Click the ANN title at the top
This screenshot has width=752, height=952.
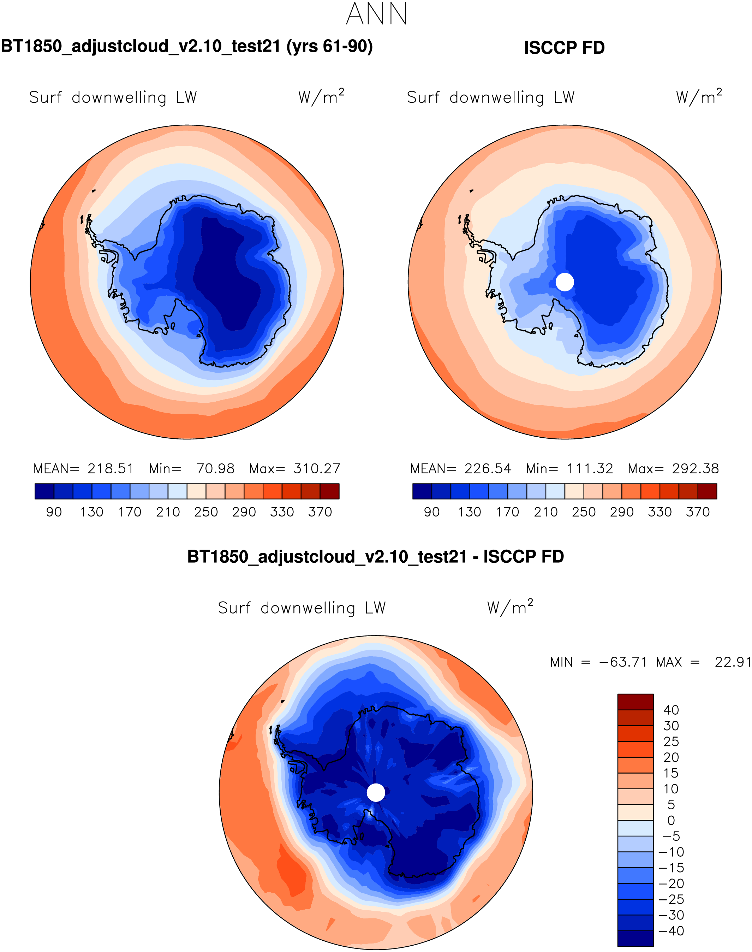(x=376, y=14)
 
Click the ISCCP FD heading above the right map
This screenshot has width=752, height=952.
(x=564, y=48)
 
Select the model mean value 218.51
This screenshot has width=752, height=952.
(x=111, y=468)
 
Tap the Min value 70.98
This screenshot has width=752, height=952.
(x=215, y=468)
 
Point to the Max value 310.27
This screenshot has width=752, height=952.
(x=317, y=468)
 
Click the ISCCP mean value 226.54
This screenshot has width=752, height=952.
(x=488, y=468)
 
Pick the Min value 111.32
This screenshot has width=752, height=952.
(x=590, y=468)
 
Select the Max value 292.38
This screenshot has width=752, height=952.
(x=695, y=468)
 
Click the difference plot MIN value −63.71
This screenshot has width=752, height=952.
(x=623, y=662)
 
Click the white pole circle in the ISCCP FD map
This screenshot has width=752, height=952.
(x=565, y=282)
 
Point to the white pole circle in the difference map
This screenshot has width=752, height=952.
(x=376, y=793)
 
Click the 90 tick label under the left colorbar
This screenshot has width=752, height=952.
(x=54, y=512)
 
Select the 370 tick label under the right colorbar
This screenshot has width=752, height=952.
(x=698, y=512)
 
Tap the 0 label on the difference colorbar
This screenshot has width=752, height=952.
(x=671, y=821)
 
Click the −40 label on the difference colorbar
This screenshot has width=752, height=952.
(x=671, y=931)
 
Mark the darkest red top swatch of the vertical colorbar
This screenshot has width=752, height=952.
(x=635, y=702)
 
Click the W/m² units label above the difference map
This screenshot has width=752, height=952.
(x=510, y=607)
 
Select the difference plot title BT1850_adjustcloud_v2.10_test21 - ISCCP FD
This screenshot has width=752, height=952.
(x=376, y=557)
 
